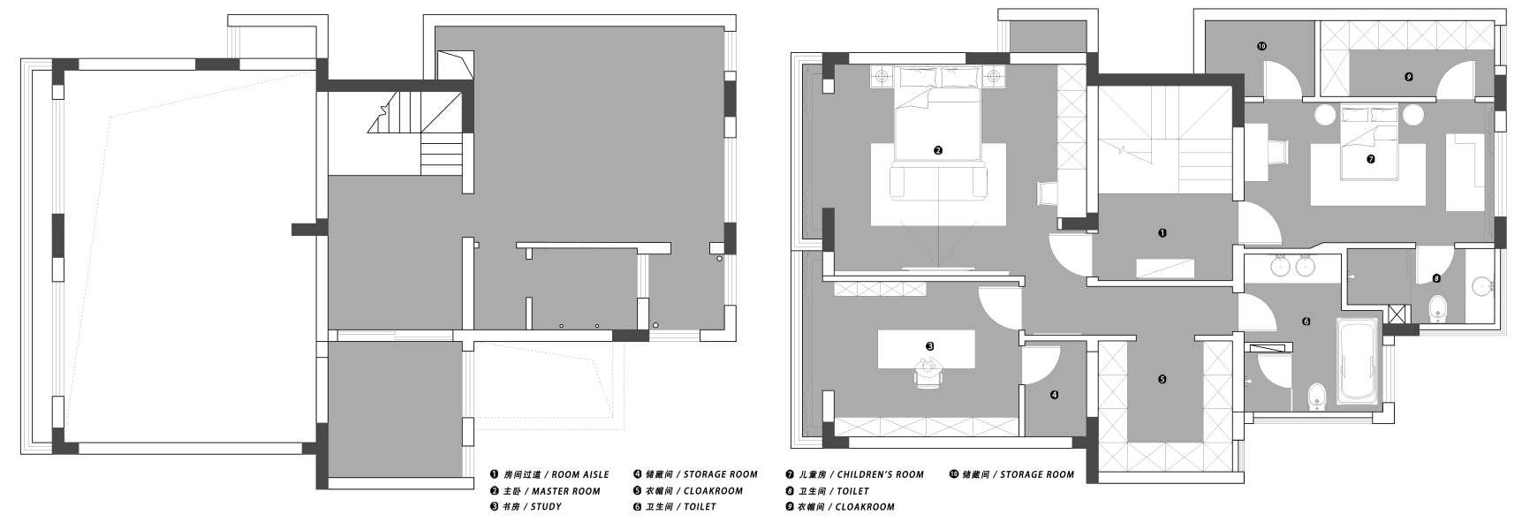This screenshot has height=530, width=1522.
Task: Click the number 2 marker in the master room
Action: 938,150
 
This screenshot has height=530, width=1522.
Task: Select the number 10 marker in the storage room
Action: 1261,45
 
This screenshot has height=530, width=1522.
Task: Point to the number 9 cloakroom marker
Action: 1408,77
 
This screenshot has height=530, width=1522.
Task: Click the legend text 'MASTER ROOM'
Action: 566,491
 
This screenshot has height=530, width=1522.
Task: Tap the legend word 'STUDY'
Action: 545,507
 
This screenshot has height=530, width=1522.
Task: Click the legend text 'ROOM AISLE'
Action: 580,475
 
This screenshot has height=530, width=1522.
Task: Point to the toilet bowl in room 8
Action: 1438,308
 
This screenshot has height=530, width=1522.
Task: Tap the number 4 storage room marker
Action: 1055,395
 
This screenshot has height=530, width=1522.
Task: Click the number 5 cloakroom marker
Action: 1162,379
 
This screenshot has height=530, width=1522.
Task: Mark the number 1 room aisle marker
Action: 1162,233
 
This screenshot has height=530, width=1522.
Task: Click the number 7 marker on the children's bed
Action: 1370,160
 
